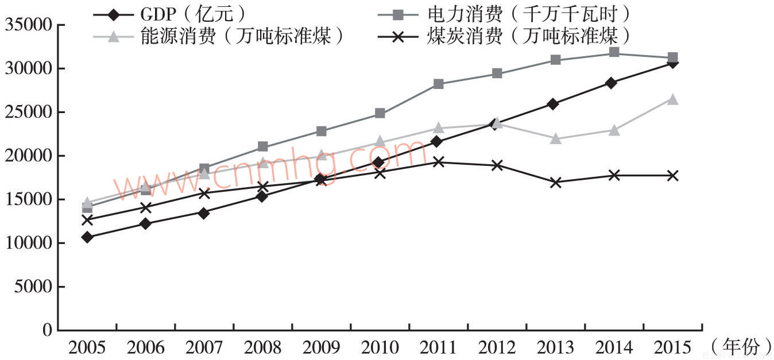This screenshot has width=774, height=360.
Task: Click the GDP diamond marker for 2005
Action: click(x=87, y=237)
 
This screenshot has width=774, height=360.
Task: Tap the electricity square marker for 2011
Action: click(x=438, y=84)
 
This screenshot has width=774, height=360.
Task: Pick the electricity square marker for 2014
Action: click(x=613, y=53)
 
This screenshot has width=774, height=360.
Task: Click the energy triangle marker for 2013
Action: click(x=555, y=138)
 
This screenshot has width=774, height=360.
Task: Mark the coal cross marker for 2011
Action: click(x=438, y=162)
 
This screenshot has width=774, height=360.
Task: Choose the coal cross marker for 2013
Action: click(x=555, y=183)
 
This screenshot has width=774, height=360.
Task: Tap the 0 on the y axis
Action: click(x=47, y=331)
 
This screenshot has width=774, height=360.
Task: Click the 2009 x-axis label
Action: click(x=321, y=347)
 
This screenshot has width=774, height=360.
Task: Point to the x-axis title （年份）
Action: click(x=741, y=346)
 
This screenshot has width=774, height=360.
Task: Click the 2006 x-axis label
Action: click(x=145, y=347)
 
